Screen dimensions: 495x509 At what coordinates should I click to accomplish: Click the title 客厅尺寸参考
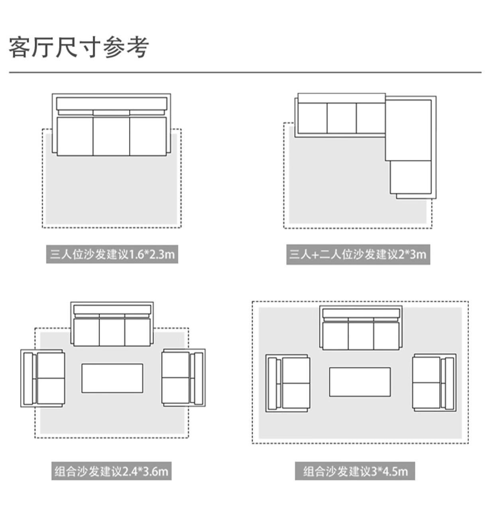[x=79, y=47]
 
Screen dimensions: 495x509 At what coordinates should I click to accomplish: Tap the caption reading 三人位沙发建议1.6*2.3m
[x=112, y=254]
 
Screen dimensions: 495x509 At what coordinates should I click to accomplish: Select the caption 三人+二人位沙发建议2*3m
[x=358, y=254]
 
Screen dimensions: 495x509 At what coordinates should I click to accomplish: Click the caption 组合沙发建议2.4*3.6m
[x=111, y=471]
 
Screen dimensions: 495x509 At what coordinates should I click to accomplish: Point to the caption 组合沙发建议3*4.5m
[x=355, y=471]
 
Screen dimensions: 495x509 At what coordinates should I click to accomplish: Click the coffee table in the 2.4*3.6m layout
[x=112, y=378]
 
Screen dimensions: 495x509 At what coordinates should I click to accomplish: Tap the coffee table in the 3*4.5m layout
[x=360, y=382]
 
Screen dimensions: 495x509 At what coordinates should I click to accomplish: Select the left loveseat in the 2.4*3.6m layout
[x=43, y=378]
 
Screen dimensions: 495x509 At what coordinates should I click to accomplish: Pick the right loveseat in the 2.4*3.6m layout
[x=183, y=378]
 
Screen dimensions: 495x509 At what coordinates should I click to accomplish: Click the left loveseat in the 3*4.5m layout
[x=288, y=383]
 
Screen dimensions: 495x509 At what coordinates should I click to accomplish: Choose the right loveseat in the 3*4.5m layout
[x=434, y=383]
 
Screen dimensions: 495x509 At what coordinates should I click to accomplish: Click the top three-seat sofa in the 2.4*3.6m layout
[x=112, y=324]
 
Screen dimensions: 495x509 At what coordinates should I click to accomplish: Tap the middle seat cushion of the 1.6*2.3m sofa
[x=111, y=136]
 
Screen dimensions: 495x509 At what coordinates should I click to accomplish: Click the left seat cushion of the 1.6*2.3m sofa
[x=75, y=136]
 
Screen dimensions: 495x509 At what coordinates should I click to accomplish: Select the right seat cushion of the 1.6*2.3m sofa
[x=148, y=136]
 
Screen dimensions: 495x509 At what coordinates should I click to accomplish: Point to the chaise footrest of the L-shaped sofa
[x=411, y=177]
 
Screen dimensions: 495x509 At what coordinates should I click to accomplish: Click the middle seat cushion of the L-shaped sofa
[x=342, y=118]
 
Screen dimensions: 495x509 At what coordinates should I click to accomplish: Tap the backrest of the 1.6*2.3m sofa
[x=111, y=104]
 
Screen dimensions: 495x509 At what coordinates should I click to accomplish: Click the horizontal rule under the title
[x=245, y=73]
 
